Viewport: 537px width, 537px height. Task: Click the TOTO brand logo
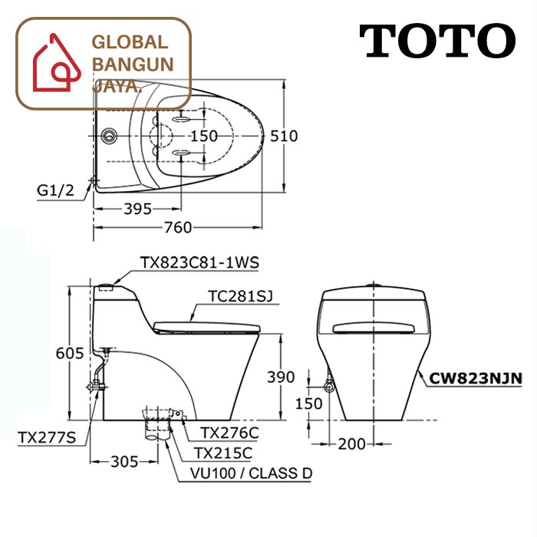437,41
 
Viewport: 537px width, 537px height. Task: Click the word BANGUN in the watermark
133,64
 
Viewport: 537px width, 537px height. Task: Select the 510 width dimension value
284,136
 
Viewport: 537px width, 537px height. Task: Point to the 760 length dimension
178,227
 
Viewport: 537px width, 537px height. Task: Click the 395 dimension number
137,209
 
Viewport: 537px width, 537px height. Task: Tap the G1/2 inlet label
55,190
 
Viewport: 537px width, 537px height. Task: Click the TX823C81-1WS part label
199,263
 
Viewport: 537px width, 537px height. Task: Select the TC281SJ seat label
241,296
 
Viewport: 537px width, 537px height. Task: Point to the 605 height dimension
70,353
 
